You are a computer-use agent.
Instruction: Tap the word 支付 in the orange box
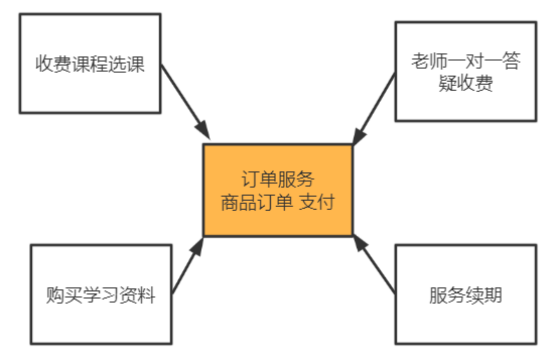(x=316, y=203)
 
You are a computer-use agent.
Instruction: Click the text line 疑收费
(x=466, y=84)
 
